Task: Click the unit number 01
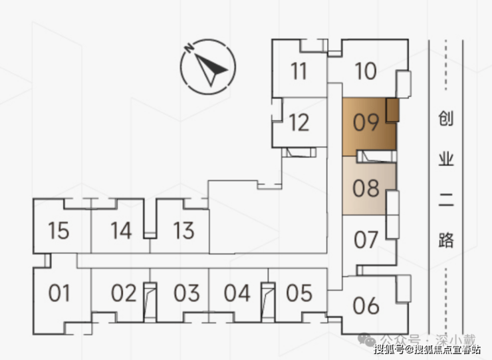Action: pyautogui.click(x=59, y=293)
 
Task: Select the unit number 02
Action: pyautogui.click(x=124, y=293)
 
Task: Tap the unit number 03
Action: pyautogui.click(x=187, y=293)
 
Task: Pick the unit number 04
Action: pyautogui.click(x=237, y=293)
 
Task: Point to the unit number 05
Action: pyautogui.click(x=299, y=293)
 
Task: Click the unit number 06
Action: pyautogui.click(x=366, y=305)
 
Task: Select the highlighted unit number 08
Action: pyautogui.click(x=366, y=189)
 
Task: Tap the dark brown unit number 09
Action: pyautogui.click(x=366, y=123)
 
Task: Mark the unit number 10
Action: pyautogui.click(x=366, y=71)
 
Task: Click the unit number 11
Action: pyautogui.click(x=299, y=71)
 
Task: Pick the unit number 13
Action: pyautogui.click(x=183, y=231)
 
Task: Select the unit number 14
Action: pyautogui.click(x=120, y=231)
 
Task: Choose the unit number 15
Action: pyautogui.click(x=59, y=231)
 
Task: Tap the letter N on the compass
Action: pyautogui.click(x=189, y=48)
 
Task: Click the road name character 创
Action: pyautogui.click(x=446, y=120)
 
